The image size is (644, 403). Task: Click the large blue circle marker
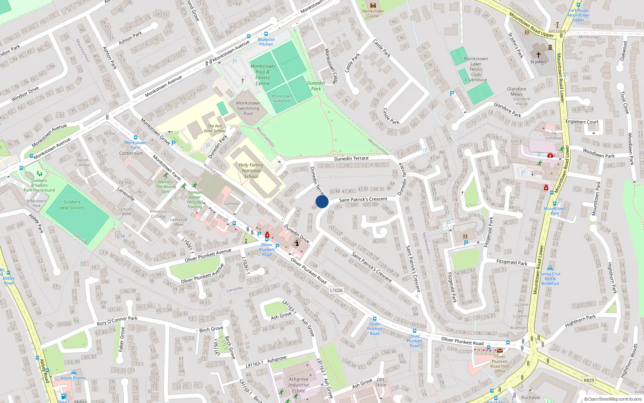point(322,201)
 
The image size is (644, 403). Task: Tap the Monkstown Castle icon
point(373,5)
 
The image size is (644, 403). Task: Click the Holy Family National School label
point(251,170)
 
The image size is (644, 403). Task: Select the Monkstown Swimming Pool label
point(248,108)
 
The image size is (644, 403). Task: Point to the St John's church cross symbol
point(538,54)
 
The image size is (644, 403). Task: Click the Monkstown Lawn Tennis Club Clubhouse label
point(476,69)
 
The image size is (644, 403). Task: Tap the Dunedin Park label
point(316,86)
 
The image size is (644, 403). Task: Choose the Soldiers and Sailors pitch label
point(72,205)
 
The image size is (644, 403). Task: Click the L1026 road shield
point(336,290)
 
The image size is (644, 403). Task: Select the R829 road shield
point(589,380)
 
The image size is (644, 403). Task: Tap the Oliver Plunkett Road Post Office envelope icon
point(500,351)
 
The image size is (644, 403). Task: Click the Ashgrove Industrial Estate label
point(299,385)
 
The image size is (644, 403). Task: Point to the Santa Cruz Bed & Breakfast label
point(550,278)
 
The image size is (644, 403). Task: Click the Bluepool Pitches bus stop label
point(266,42)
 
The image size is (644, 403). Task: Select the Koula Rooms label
point(74,378)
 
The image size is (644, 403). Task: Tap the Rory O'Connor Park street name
point(117,321)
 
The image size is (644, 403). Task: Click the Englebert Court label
point(582,122)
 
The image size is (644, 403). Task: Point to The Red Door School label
point(215,128)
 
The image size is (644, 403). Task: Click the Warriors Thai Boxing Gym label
point(165,187)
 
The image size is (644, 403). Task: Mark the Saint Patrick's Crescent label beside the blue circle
point(363,199)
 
